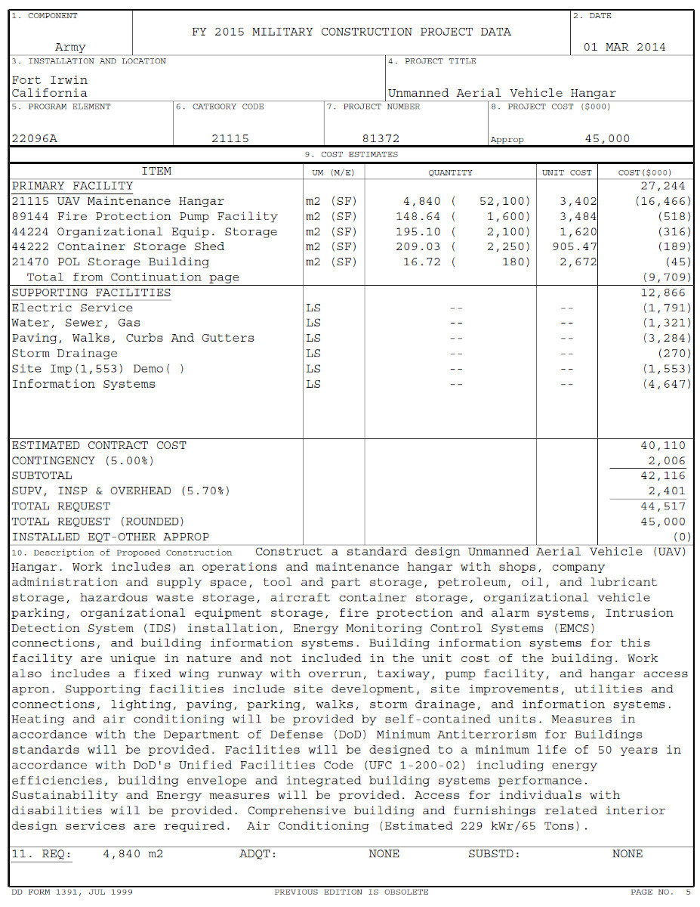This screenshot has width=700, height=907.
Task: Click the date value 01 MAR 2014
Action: (624, 47)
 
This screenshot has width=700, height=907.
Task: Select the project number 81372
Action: (381, 139)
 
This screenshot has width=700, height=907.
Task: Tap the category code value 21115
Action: (230, 139)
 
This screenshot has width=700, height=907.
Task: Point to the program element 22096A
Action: (34, 139)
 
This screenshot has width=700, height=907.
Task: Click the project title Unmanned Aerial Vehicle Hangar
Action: (501, 94)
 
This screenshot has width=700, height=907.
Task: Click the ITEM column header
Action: (156, 172)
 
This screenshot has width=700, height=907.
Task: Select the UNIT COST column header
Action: (566, 172)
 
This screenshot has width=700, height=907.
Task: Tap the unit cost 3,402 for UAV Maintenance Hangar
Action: (578, 202)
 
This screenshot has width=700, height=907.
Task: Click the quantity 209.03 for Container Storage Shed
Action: (418, 247)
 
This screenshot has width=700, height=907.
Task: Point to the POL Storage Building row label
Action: (110, 262)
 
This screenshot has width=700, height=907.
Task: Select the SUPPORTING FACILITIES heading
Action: (91, 293)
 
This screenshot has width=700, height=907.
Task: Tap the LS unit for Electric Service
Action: (313, 308)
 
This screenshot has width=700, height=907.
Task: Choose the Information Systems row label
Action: (83, 384)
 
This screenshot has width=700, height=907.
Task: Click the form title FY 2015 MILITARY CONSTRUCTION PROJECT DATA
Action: (351, 32)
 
